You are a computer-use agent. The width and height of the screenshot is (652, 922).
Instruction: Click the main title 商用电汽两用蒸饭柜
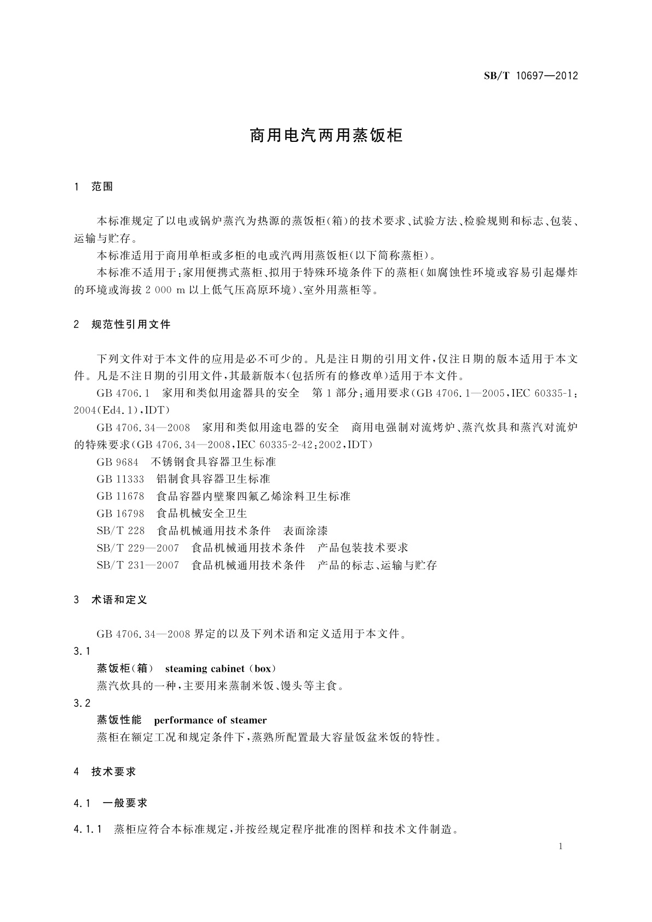[326, 136]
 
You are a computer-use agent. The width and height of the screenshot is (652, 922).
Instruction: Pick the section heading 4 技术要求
[105, 772]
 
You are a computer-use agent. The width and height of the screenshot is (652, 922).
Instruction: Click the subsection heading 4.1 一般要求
[111, 803]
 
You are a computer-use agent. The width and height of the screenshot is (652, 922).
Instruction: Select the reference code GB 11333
[120, 479]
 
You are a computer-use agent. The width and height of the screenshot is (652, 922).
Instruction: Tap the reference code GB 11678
[120, 497]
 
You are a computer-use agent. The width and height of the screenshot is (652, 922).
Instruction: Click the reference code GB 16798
[120, 514]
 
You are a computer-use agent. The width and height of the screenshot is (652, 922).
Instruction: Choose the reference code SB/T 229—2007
[137, 548]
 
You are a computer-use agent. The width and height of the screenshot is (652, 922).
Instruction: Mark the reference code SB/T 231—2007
[137, 566]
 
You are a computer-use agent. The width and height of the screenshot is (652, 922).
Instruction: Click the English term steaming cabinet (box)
[221, 669]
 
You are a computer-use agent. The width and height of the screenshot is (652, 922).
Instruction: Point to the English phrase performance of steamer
[210, 721]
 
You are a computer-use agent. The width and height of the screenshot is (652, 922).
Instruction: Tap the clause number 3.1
[82, 652]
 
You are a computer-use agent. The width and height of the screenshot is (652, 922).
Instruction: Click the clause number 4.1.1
[88, 830]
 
